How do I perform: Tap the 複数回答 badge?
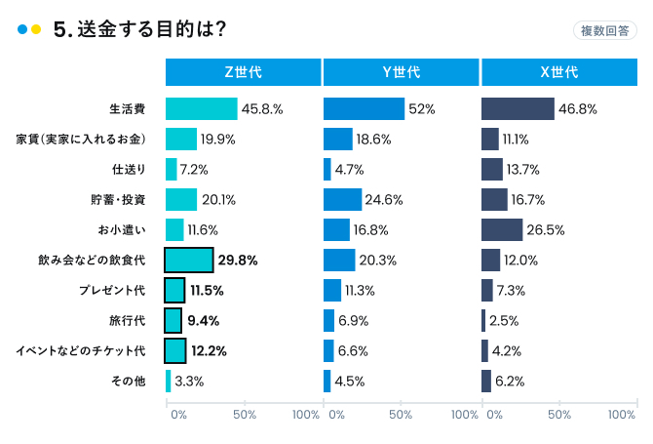click(604, 30)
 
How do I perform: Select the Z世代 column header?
click(243, 72)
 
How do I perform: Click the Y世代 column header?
click(401, 72)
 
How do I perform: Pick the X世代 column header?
click(558, 72)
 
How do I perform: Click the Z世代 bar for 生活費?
click(202, 109)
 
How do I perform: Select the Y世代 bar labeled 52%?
click(364, 109)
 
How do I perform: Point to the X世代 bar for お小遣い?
click(502, 230)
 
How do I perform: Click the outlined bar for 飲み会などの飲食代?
click(189, 261)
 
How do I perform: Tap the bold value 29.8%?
click(238, 261)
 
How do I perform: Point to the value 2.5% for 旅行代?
click(504, 321)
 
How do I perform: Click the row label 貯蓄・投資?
click(119, 200)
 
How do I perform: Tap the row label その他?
click(129, 382)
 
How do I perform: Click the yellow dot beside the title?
click(36, 30)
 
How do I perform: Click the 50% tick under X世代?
click(558, 415)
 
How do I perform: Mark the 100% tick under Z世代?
click(306, 415)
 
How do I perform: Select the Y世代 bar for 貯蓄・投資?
click(342, 200)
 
